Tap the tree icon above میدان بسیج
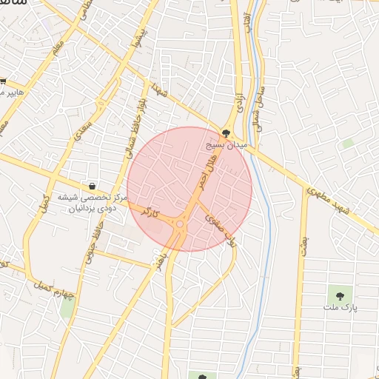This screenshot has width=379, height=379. tap(226, 133)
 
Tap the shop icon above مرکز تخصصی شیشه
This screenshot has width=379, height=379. tap(93, 185)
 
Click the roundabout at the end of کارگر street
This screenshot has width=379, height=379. tap(180, 224)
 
